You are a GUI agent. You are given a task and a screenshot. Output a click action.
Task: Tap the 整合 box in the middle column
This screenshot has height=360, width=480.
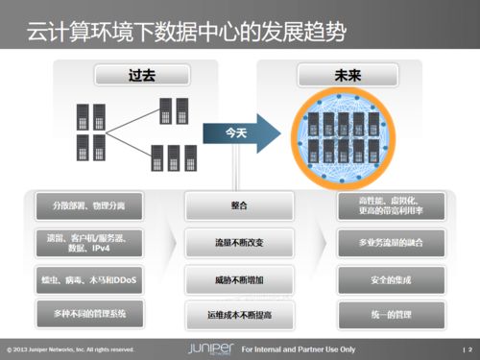pyautogui.click(x=240, y=205)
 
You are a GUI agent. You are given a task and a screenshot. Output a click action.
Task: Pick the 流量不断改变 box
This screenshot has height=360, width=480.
pyautogui.click(x=240, y=244)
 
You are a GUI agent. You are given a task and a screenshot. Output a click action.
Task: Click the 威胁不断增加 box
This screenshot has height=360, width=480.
pyautogui.click(x=240, y=279)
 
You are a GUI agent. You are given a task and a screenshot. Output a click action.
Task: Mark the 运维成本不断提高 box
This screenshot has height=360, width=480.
pyautogui.click(x=240, y=313)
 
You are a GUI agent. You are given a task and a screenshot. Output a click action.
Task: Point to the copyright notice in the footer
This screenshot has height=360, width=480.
pyautogui.click(x=71, y=348)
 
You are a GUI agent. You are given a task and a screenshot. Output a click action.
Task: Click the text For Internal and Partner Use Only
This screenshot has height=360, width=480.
pyautogui.click(x=299, y=348)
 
